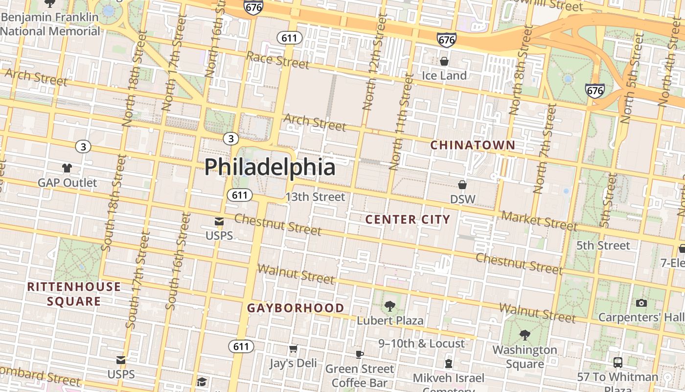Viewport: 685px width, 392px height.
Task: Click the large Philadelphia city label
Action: point(270,167)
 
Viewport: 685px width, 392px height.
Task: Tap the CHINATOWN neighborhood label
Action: point(473,145)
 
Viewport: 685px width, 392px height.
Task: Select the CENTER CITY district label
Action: point(408,220)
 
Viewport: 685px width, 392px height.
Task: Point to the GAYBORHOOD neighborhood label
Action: point(296,308)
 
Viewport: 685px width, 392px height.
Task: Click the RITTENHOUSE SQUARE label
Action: point(74,294)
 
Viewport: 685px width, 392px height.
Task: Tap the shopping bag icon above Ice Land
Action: point(444,61)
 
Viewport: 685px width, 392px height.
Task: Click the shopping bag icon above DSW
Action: point(462,185)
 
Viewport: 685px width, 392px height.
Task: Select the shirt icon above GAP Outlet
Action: point(67,168)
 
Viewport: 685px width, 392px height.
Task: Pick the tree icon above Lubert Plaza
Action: point(390,306)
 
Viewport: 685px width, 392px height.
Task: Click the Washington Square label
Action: point(525,357)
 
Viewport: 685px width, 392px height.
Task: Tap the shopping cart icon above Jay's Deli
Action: point(293,349)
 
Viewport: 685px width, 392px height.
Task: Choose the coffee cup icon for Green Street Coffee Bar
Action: point(360,354)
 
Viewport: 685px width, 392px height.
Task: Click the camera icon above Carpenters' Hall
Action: point(641,303)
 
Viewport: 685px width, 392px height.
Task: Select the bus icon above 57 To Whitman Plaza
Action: point(618,363)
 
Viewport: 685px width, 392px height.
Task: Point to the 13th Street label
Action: point(315,197)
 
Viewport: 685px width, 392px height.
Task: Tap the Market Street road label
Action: point(539,220)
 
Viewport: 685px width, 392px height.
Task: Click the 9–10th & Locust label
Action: point(421,343)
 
